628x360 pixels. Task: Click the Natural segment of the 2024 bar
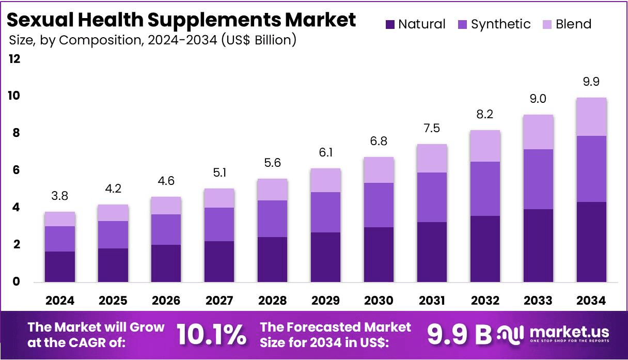[x=60, y=267]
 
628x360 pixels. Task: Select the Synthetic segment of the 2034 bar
[x=590, y=169]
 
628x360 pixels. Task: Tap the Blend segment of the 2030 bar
[x=378, y=170]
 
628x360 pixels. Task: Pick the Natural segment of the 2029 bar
[x=325, y=257]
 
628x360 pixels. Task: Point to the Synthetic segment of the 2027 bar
[x=219, y=224]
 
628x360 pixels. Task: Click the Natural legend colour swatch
[x=390, y=24]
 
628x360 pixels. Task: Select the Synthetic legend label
[x=500, y=24]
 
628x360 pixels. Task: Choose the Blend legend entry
[x=568, y=24]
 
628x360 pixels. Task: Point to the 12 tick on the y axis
[x=14, y=59]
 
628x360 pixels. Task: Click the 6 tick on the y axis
[x=16, y=170]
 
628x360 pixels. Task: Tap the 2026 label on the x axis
[x=166, y=301]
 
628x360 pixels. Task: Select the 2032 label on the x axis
[x=484, y=301]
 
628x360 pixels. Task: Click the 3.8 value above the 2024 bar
[x=60, y=196]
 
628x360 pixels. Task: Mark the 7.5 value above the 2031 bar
[x=431, y=129]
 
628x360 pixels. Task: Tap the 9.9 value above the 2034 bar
[x=590, y=82]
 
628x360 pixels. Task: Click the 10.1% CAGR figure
[x=211, y=335]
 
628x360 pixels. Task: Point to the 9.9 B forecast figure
[x=459, y=335]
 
